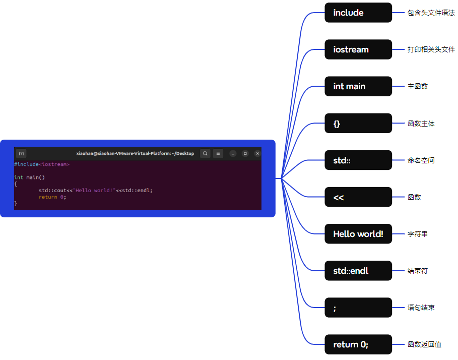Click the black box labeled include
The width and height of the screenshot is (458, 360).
click(358, 13)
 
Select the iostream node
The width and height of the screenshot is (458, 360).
click(358, 49)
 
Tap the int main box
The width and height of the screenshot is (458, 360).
click(358, 86)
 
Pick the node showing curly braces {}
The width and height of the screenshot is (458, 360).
click(358, 123)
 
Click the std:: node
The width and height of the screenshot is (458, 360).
click(358, 160)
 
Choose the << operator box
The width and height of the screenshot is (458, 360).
click(358, 197)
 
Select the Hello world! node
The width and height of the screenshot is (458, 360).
click(358, 234)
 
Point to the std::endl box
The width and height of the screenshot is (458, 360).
click(358, 271)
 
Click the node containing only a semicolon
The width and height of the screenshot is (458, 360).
click(358, 308)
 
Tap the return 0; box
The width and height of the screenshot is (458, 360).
click(358, 344)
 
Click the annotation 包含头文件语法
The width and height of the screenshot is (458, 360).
click(431, 13)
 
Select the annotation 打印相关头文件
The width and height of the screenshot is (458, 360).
click(431, 49)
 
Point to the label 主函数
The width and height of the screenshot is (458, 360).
click(417, 86)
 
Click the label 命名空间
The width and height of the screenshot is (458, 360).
click(421, 160)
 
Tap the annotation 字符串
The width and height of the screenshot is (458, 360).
click(417, 234)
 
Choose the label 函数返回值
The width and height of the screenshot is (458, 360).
click(424, 344)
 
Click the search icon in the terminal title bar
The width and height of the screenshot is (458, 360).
click(205, 153)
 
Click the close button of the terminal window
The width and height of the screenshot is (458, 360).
click(257, 153)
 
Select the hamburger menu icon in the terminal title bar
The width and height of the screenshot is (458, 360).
click(218, 153)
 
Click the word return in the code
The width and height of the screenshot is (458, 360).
click(48, 197)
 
